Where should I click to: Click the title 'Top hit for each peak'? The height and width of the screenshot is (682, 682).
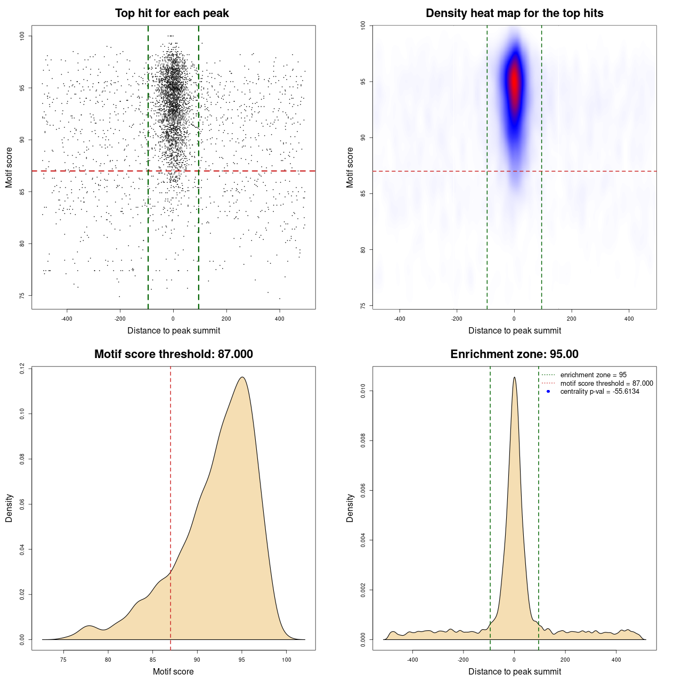[172, 13]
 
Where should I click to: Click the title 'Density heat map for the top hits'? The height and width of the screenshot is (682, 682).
[514, 13]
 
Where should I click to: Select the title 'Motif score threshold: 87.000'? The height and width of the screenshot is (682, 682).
[173, 354]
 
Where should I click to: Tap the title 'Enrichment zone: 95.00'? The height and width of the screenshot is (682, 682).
[514, 354]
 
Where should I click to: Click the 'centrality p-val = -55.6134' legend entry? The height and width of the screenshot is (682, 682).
[599, 392]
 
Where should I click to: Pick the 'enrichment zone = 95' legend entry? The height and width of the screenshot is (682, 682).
[593, 375]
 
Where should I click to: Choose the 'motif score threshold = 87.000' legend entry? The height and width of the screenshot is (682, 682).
[606, 384]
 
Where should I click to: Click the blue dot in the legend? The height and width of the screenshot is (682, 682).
[548, 392]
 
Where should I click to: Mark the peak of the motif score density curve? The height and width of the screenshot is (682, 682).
[242, 377]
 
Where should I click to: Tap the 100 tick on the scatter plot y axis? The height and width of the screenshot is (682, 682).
[22, 36]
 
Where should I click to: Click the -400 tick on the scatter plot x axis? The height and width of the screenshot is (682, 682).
[67, 319]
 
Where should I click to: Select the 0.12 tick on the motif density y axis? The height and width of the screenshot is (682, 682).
[22, 368]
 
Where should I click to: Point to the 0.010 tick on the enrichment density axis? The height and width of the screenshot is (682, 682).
[363, 392]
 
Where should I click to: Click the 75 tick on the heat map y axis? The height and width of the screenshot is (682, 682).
[363, 306]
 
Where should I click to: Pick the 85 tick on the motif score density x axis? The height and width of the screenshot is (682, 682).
[153, 660]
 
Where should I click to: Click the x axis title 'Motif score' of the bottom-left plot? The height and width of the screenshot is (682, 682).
[173, 671]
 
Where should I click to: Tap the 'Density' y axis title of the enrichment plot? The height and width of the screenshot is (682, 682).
[350, 508]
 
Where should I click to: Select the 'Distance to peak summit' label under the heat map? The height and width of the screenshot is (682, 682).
[514, 330]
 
